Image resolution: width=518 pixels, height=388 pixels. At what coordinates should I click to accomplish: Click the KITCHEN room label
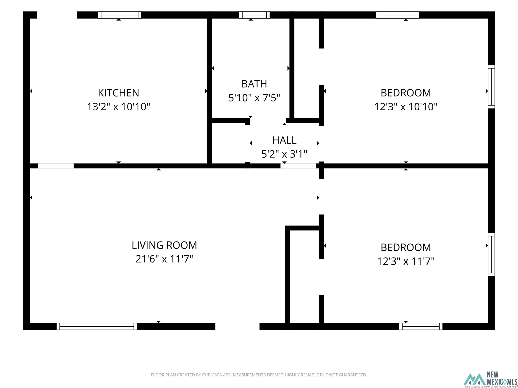(118, 93)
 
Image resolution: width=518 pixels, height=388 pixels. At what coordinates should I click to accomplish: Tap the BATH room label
(254, 84)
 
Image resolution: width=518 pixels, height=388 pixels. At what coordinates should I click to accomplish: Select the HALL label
(284, 140)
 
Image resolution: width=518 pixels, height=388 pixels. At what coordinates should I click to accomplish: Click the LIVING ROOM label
(164, 245)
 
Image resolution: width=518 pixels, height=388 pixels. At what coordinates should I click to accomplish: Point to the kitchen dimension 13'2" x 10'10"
(118, 107)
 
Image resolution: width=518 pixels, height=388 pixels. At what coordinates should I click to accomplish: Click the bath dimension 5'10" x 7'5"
(254, 98)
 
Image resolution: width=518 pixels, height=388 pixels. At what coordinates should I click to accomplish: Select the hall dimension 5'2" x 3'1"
(284, 154)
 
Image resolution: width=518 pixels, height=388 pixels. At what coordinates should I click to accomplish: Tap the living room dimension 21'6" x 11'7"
(164, 259)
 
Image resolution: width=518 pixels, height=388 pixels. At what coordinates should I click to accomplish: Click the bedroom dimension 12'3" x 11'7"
(406, 261)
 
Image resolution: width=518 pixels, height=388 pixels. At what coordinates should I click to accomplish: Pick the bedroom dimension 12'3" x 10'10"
(406, 107)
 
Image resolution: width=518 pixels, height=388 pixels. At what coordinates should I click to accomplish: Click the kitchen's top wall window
(120, 15)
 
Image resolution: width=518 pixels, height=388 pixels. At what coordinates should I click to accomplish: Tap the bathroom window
(254, 15)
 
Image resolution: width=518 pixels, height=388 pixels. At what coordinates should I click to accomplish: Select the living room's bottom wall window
(97, 326)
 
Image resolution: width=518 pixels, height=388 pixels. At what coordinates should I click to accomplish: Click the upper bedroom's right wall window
(491, 87)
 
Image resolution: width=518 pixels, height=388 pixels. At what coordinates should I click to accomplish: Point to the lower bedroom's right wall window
(491, 255)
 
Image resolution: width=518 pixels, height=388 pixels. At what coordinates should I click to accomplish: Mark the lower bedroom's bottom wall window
(421, 326)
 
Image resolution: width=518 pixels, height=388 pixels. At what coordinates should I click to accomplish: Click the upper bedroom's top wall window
(397, 15)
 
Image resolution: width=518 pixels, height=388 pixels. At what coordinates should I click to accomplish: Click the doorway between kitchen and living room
(56, 166)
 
